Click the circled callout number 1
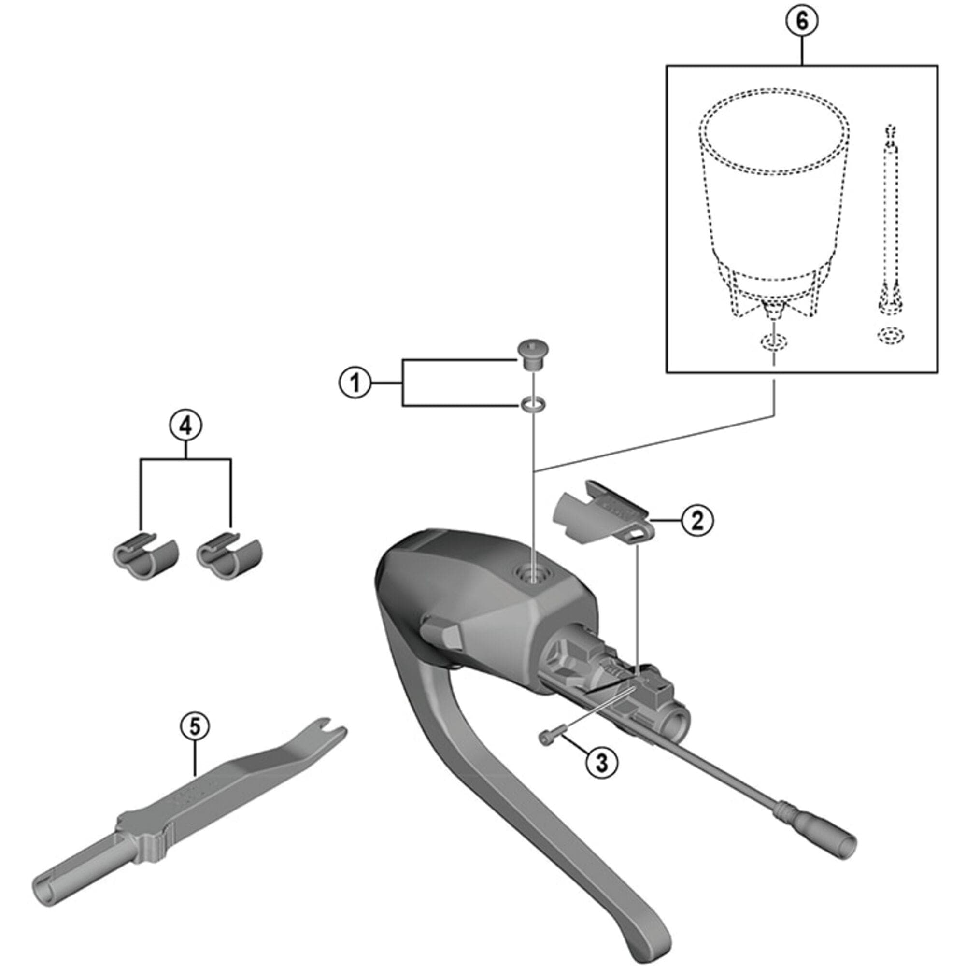355,384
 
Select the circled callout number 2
697,520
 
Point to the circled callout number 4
185,426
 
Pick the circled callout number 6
801,22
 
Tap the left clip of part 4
144,556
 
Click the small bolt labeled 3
550,737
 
